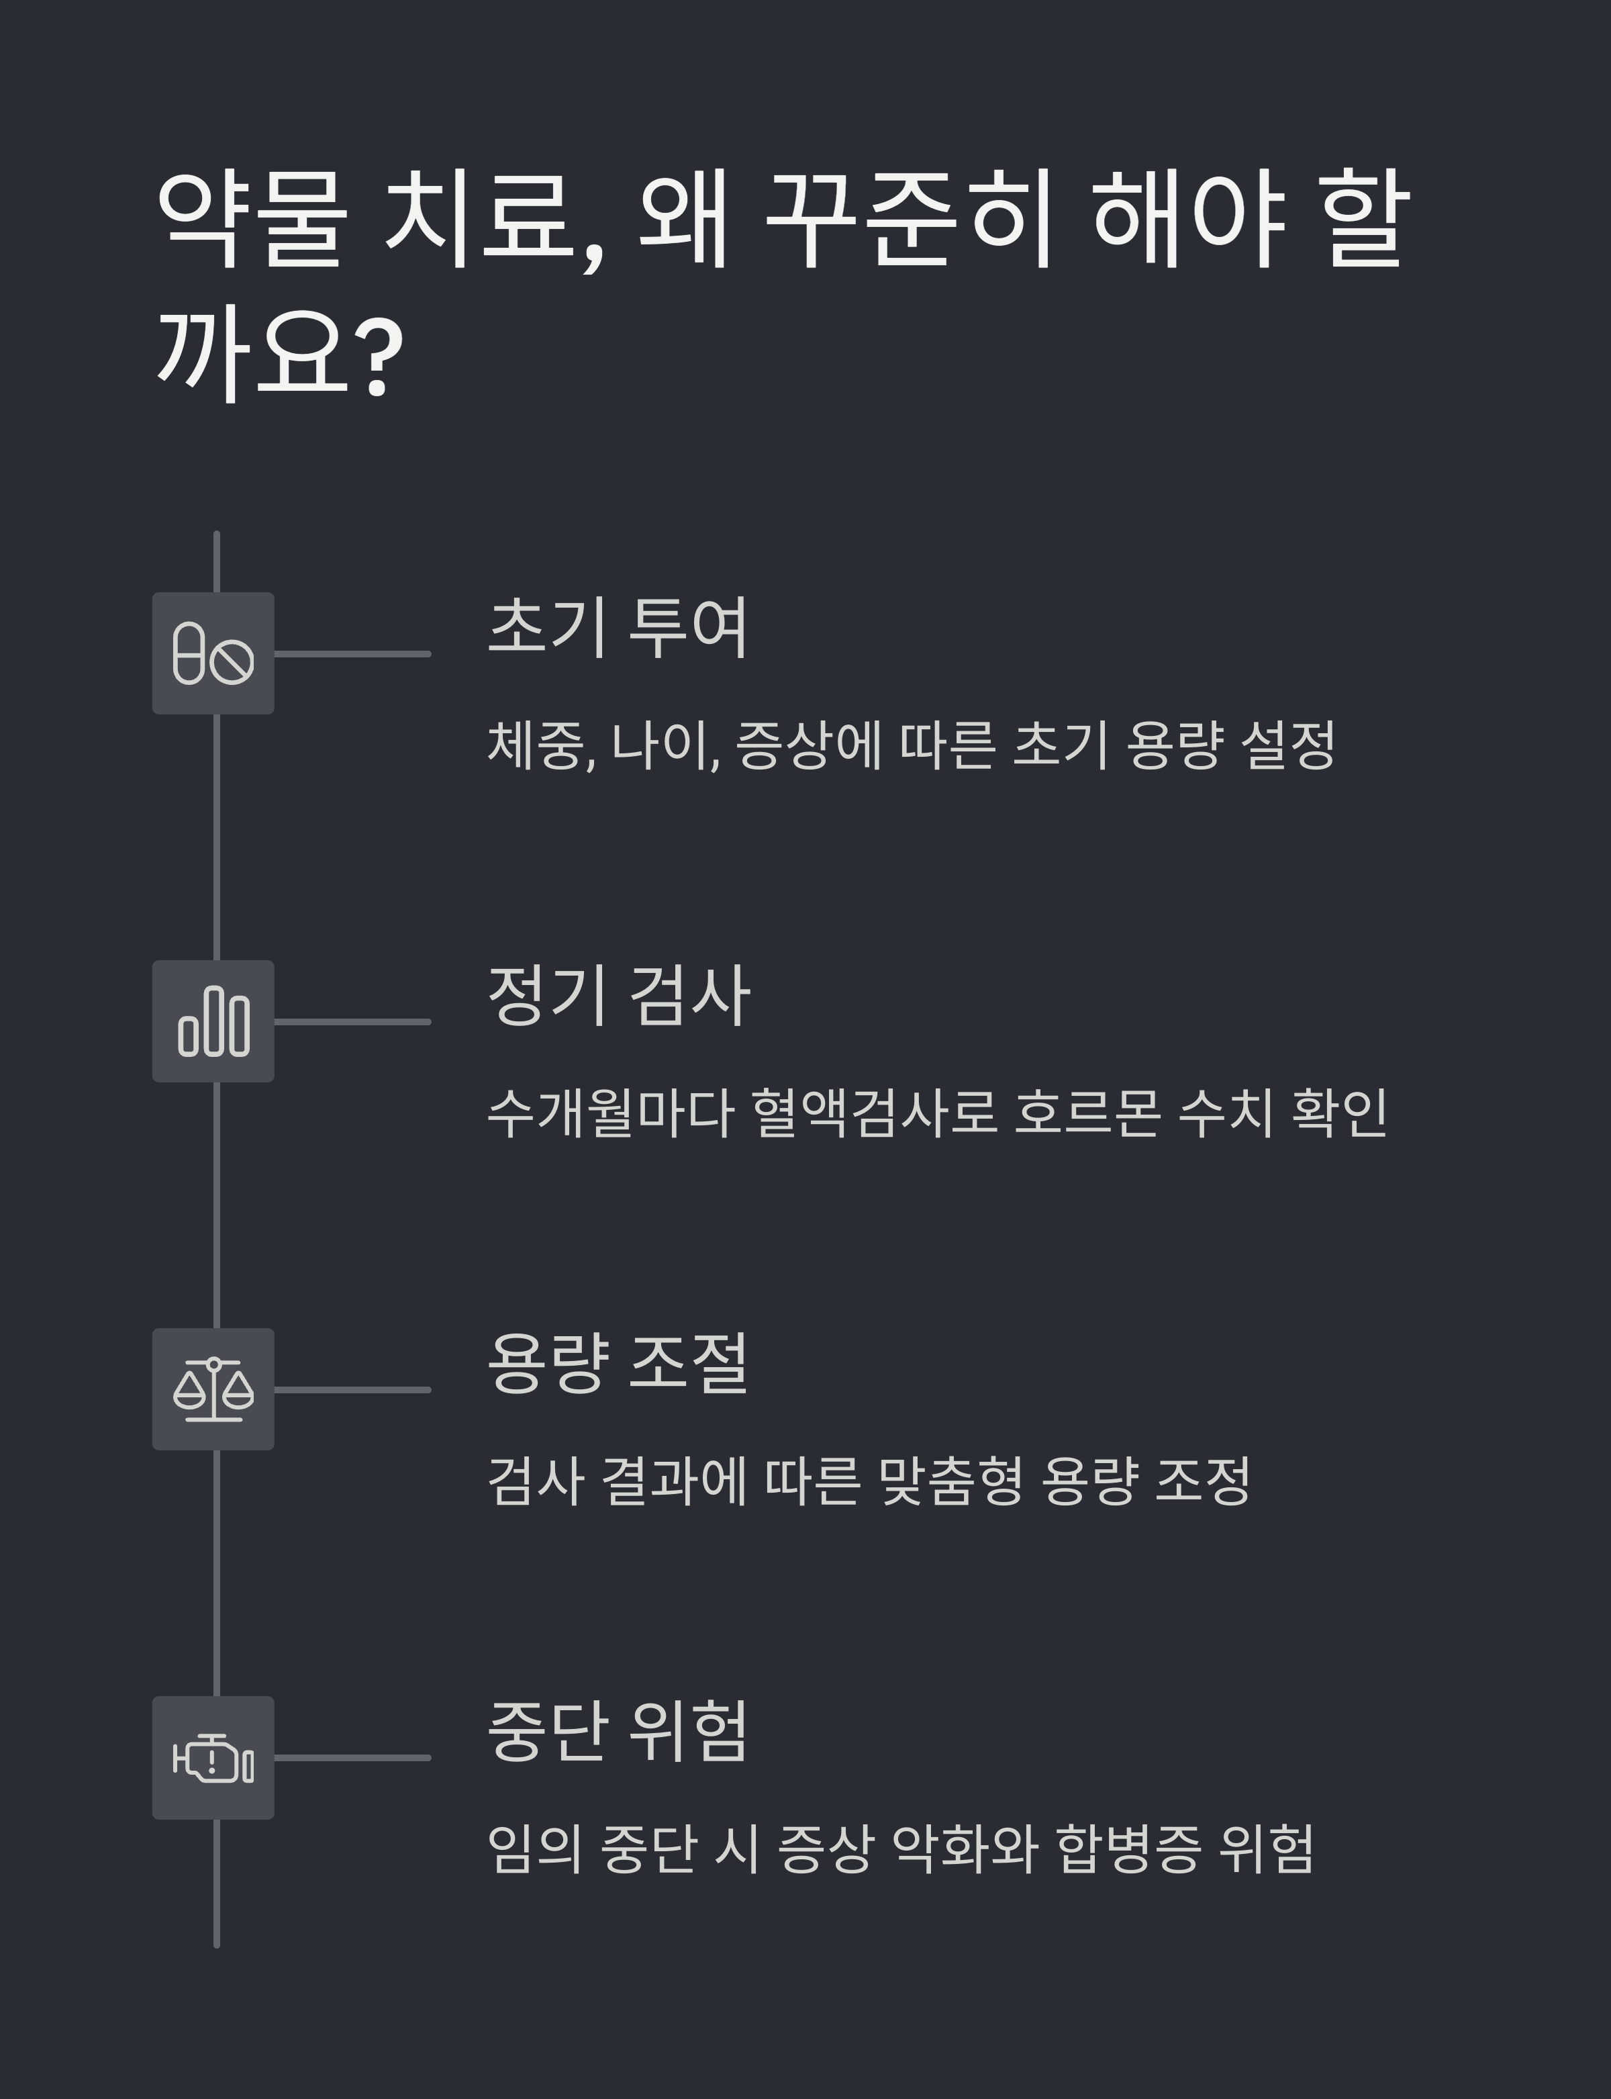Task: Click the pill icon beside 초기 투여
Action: [x=213, y=653]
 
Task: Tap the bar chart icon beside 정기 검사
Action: [x=213, y=1022]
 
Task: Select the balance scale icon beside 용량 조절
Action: [x=213, y=1389]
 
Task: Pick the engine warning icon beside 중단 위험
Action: [x=213, y=1757]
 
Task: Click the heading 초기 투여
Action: [x=618, y=628]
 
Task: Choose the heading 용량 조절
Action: [x=618, y=1364]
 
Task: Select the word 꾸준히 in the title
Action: [x=911, y=221]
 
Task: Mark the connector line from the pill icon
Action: [x=352, y=654]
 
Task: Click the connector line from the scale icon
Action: [x=352, y=1389]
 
